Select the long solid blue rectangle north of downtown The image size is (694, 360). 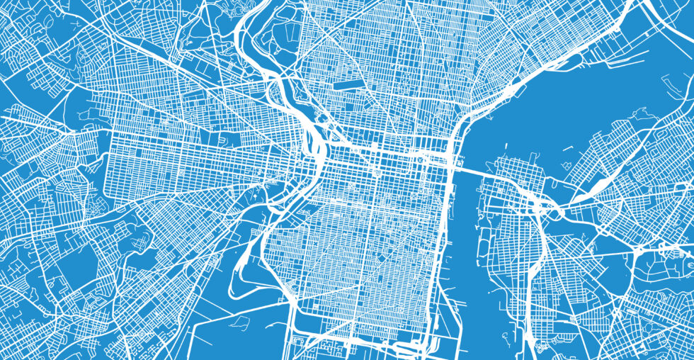pos(346,84)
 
